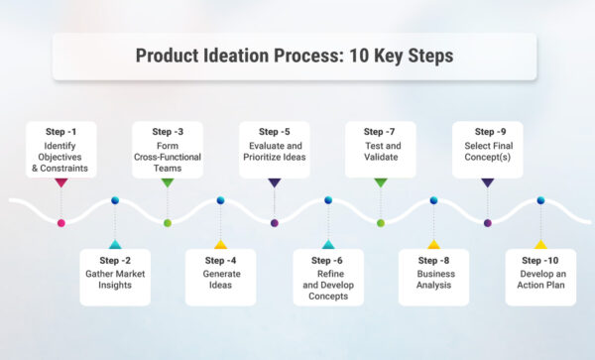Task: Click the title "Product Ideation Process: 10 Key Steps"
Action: coord(294,56)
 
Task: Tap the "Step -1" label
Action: coord(61,131)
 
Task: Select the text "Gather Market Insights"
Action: coord(115,278)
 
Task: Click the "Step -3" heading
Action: coord(168,131)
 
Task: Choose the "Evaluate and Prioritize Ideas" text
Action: coord(275,152)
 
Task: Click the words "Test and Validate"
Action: coord(380,152)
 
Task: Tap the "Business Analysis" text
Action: coord(432,278)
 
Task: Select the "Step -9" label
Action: coord(487,131)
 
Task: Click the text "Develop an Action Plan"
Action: coord(539,278)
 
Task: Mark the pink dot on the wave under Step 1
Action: coord(61,223)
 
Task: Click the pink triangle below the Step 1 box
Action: coord(61,182)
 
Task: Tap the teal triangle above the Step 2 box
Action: coord(115,244)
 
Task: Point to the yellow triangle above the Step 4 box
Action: coord(220,244)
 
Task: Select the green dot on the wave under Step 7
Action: coord(381,223)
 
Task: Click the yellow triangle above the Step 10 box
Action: coord(540,244)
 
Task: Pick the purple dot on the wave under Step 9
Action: coord(487,223)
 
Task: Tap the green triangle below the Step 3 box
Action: coord(168,182)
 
